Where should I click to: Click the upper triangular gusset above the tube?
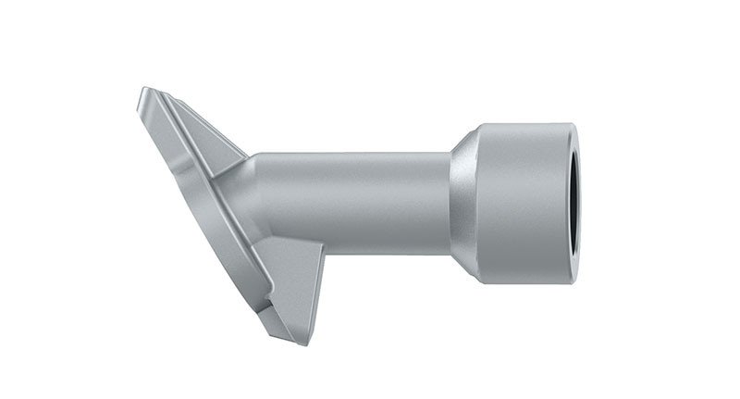[209, 139]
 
